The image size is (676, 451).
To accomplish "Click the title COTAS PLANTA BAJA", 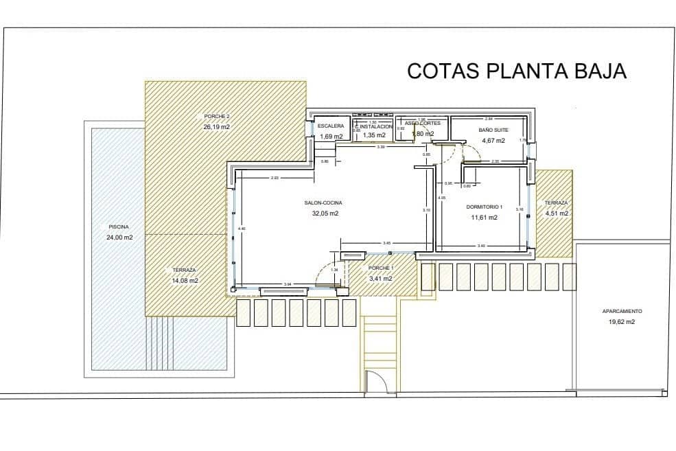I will [516, 71].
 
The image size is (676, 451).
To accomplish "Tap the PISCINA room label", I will [118, 227].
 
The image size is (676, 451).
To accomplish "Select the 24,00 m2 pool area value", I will [118, 237].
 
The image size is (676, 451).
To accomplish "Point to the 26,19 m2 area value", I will [216, 127].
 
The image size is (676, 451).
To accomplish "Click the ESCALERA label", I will [331, 126].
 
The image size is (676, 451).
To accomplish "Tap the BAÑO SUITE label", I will [493, 129].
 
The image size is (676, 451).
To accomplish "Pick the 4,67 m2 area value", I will [493, 140].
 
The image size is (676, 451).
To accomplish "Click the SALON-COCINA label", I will [323, 203].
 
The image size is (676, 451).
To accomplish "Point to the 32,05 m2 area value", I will [325, 213].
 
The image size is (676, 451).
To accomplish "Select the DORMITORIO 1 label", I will [485, 207].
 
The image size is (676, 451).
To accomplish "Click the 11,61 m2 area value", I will [484, 217].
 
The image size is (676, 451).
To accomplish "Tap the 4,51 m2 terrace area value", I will [556, 213].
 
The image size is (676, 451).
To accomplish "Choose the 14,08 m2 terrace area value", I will [185, 280].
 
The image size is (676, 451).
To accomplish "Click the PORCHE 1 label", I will [381, 268].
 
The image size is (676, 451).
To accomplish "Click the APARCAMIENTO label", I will [622, 311].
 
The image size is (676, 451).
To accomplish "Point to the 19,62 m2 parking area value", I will [622, 321].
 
